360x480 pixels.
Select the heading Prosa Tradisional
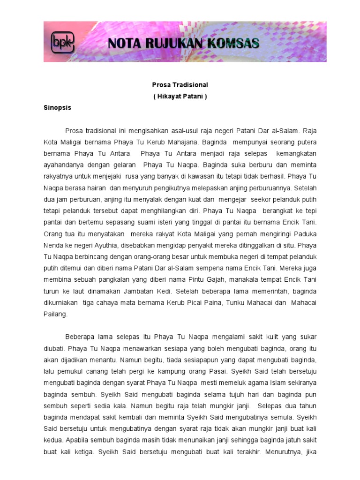pyautogui.click(x=180, y=85)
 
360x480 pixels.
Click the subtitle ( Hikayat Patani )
pyautogui.click(x=180, y=97)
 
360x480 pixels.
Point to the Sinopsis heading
pyautogui.click(x=57, y=107)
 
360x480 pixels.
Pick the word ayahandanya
pyautogui.click(x=65, y=165)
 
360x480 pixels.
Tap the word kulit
pyautogui.click(x=257, y=337)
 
